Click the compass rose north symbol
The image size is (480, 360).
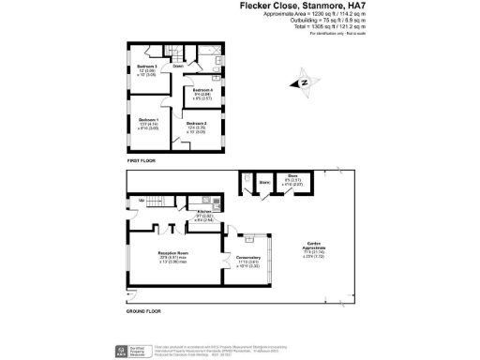[303, 84]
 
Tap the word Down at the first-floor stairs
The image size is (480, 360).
[177, 67]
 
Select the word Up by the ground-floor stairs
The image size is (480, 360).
[142, 201]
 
